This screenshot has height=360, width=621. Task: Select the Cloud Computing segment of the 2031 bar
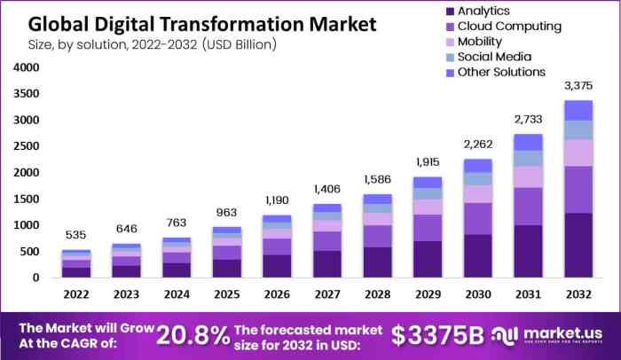coord(528,206)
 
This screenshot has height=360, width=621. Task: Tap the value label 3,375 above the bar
coord(578,85)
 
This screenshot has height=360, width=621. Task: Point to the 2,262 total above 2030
coord(478,145)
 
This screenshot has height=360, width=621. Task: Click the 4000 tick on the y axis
coord(26,67)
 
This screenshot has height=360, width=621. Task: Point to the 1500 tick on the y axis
coord(26,199)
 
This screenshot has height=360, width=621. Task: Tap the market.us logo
coord(550,335)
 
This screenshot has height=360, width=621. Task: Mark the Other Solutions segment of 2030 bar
coord(478,166)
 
